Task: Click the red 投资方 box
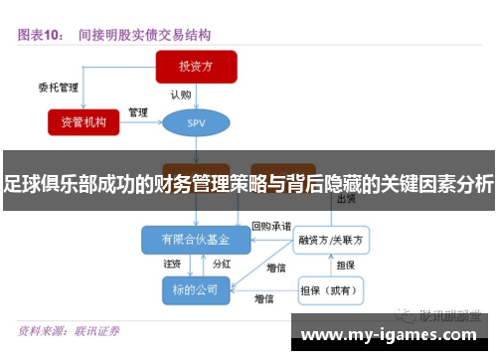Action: coord(196,68)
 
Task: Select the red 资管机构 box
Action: coord(89,121)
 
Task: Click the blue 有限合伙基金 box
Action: coord(195,240)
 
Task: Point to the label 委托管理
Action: coord(58,87)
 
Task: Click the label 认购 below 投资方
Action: coord(180,94)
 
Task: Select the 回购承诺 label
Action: coord(271,226)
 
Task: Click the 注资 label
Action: coord(172,265)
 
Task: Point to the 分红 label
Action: coord(222,265)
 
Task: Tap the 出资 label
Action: coord(347,199)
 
